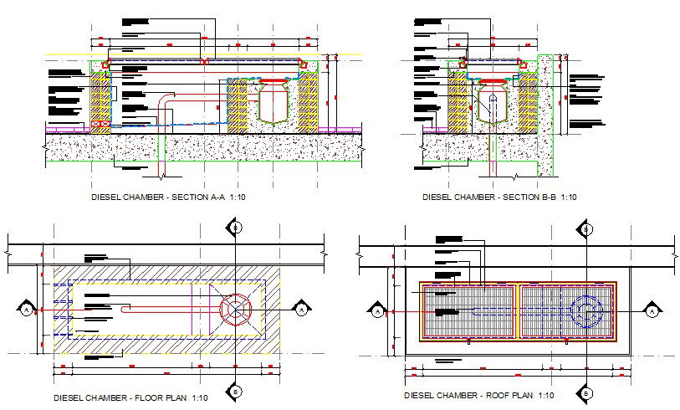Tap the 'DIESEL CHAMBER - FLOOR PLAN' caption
[129, 397]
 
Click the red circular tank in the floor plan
[237, 310]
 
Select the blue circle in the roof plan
[586, 311]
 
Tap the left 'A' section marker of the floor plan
[26, 310]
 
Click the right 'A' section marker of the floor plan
[300, 310]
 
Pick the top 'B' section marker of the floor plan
[237, 227]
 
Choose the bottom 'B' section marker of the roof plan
[587, 392]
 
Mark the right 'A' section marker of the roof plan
[651, 311]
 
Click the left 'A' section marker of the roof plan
[376, 311]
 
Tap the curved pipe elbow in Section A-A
[165, 101]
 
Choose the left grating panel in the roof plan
[468, 311]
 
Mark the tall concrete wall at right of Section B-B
[547, 117]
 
